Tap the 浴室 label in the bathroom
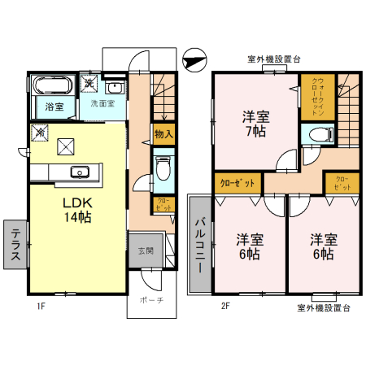click(54, 107)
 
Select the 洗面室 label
click(102, 104)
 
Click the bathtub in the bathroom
click(54, 86)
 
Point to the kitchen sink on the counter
click(81, 171)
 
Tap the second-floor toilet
click(312, 135)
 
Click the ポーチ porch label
click(150, 300)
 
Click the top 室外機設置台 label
click(273, 59)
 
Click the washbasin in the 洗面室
click(114, 88)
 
